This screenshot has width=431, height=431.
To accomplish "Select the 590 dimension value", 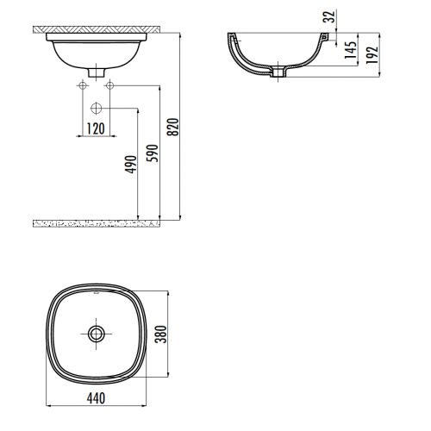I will coord(152,153).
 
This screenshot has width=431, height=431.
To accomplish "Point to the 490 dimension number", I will coord(129,164).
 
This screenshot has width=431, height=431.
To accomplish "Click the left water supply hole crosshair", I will coord(82,85).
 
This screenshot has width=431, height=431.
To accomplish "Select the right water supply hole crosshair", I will coord(109,85).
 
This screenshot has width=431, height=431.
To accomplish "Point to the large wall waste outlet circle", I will coord(96,109).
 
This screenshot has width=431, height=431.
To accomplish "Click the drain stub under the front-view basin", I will coord(96,72).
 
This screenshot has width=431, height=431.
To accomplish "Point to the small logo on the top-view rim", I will coord(95,294).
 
